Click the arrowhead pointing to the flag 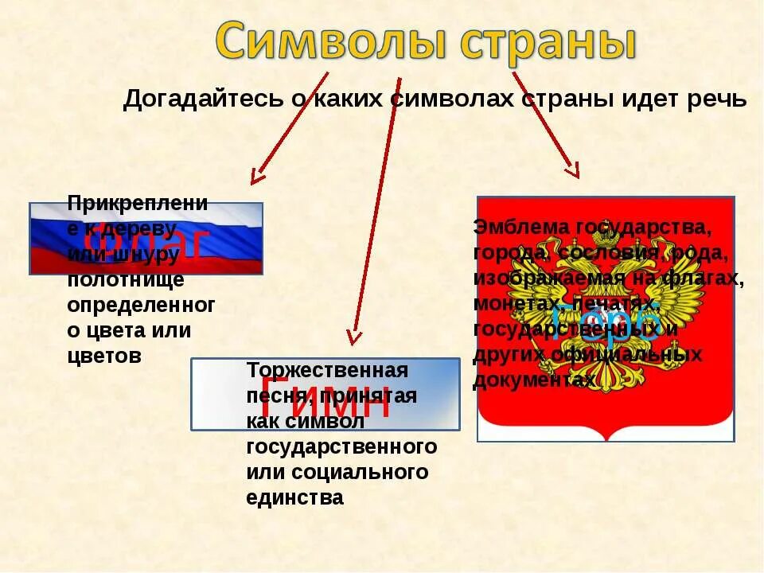(x=255, y=177)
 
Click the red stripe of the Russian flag (x=239, y=263)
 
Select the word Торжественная (x=327, y=370)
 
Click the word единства (x=294, y=498)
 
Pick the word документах (x=533, y=380)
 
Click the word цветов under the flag (x=103, y=356)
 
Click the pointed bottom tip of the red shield (x=606, y=439)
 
